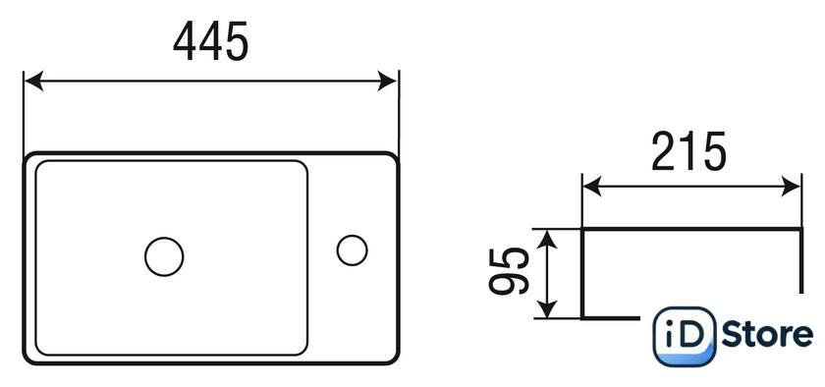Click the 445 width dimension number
210,41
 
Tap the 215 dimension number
688,151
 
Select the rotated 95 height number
509,271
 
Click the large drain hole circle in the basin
164,256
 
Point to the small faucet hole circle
352,250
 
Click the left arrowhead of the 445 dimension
33,82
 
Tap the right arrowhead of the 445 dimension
387,82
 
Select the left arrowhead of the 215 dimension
592,187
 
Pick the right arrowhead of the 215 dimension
791,187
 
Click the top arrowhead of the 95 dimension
548,240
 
